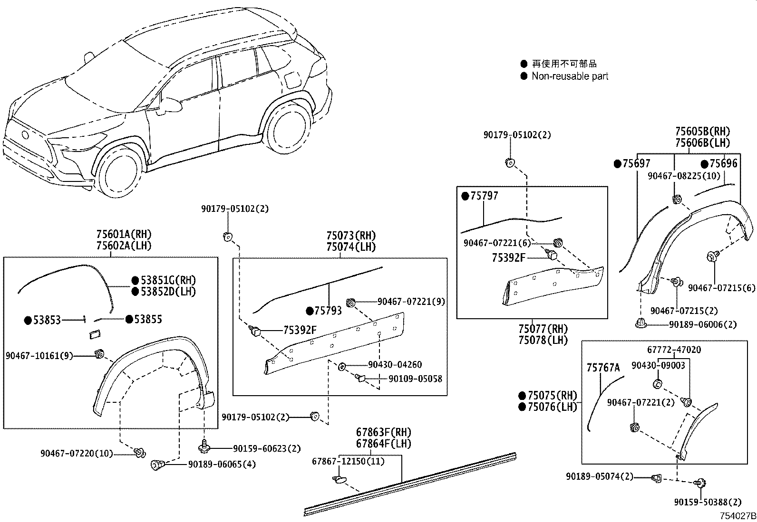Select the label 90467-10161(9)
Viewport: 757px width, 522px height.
coord(39,355)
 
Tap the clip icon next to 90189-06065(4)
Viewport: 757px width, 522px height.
coord(157,465)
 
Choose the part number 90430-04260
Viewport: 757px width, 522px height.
coord(395,365)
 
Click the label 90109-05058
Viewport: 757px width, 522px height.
coord(415,379)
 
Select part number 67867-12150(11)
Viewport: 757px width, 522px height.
coord(348,461)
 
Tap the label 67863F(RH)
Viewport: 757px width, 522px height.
coord(383,433)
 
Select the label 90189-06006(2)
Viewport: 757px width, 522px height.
coord(702,324)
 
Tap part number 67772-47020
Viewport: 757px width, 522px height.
coord(674,350)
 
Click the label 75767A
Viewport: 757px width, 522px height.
coord(603,368)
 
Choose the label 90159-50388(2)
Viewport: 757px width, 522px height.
coord(708,502)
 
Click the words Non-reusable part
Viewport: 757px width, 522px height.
coord(570,76)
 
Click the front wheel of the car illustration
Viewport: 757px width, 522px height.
coord(120,171)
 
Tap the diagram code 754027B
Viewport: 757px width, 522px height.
coord(737,515)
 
